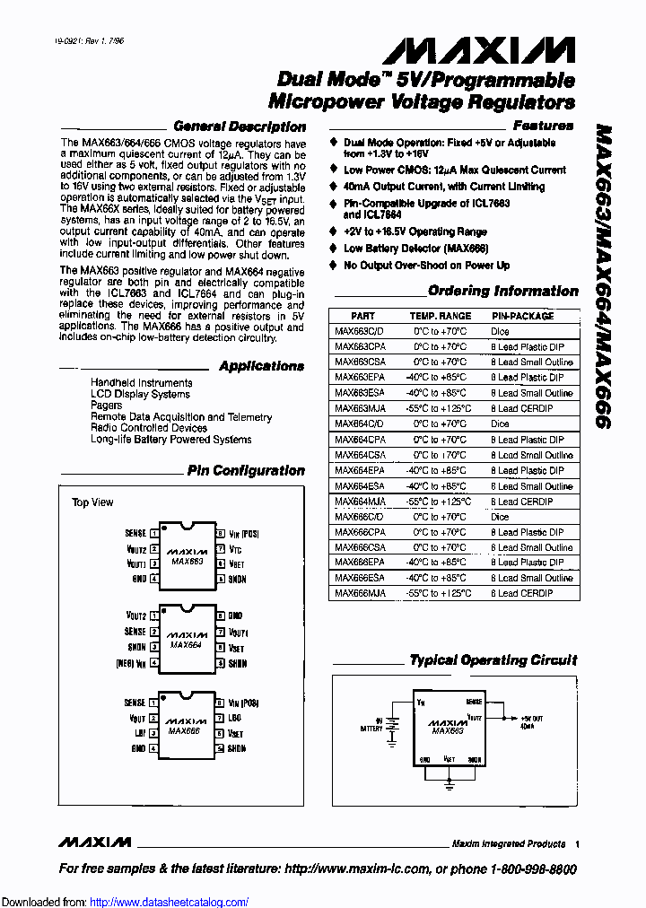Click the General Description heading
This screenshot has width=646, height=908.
[239, 127]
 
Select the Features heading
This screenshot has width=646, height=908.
[543, 126]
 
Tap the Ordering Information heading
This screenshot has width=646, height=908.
[502, 291]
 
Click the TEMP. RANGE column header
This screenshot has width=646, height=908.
[440, 316]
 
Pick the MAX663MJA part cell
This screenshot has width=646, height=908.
[360, 408]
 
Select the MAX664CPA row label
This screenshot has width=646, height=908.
[360, 440]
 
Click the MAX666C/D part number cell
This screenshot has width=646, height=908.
[359, 517]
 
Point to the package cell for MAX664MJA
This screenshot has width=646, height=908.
[521, 502]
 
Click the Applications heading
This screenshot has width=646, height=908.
[261, 366]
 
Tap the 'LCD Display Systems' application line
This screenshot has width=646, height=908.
[140, 394]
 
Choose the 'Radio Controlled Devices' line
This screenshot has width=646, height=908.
[149, 428]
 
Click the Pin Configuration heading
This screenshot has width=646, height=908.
[246, 470]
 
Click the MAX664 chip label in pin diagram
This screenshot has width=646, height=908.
[186, 644]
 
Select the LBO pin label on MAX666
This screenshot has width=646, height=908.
[235, 719]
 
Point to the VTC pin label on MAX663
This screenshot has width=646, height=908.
[235, 548]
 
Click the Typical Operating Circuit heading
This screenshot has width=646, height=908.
[493, 659]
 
